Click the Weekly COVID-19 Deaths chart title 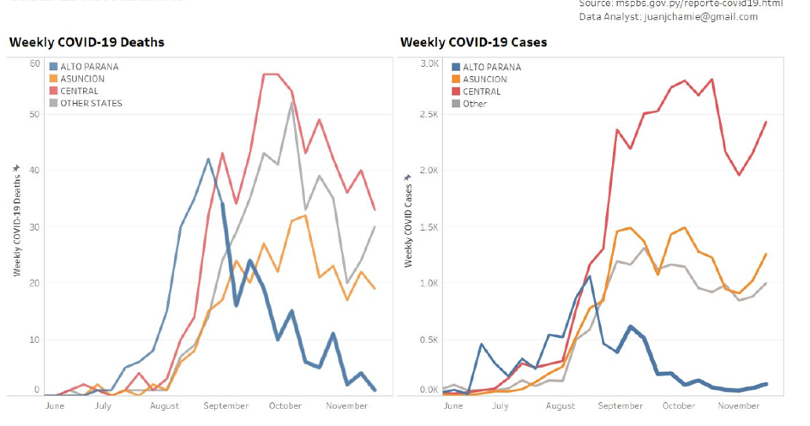click(87, 42)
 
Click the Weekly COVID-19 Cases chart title click(473, 42)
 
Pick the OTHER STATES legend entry click(91, 103)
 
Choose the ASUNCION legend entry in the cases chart click(484, 79)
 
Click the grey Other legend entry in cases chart click(474, 104)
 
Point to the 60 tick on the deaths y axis click(35, 63)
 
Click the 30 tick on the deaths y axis click(35, 227)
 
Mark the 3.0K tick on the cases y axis click(428, 63)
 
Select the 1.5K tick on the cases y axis click(428, 227)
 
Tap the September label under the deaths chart click(227, 405)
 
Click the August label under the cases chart click(560, 405)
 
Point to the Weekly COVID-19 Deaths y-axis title click(16, 221)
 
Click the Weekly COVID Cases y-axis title click(409, 221)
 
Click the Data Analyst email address click(668, 16)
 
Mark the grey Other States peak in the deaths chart click(292, 103)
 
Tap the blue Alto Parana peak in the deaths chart click(208, 159)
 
